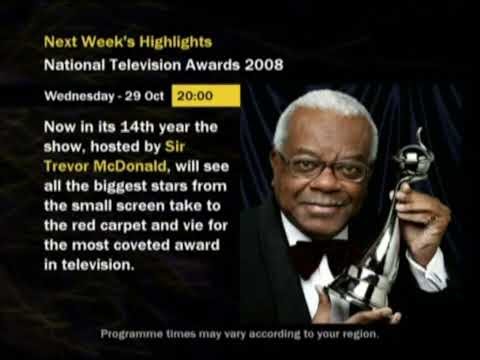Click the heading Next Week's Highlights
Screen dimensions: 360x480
point(128,42)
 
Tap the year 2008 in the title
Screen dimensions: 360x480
point(263,65)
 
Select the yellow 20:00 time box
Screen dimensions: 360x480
point(206,98)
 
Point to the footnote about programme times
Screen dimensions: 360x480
point(239,333)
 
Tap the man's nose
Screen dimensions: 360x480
point(324,182)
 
